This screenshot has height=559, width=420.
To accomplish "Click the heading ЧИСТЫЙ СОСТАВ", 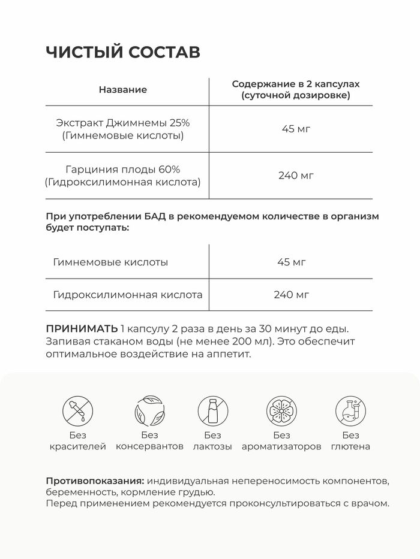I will click(x=123, y=52).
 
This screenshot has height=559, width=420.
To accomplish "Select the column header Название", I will click(x=122, y=90).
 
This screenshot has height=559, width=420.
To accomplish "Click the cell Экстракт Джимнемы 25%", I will click(x=122, y=122).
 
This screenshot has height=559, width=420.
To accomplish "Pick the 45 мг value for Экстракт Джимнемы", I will click(x=296, y=129).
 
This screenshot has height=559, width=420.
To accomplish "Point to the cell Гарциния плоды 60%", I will click(x=122, y=169).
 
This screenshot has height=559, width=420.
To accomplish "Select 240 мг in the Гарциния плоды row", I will click(x=296, y=176).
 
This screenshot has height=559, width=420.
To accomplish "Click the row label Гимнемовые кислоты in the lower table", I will click(x=110, y=262).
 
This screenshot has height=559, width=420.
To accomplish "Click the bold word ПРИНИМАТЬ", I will click(x=82, y=329).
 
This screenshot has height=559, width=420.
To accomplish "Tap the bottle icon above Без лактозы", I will click(x=212, y=411).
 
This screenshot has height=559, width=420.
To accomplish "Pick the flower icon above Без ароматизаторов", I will click(x=281, y=411).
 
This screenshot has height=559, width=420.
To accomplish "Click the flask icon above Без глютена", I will click(x=350, y=411).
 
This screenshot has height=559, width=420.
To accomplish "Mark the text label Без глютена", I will click(x=350, y=441).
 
